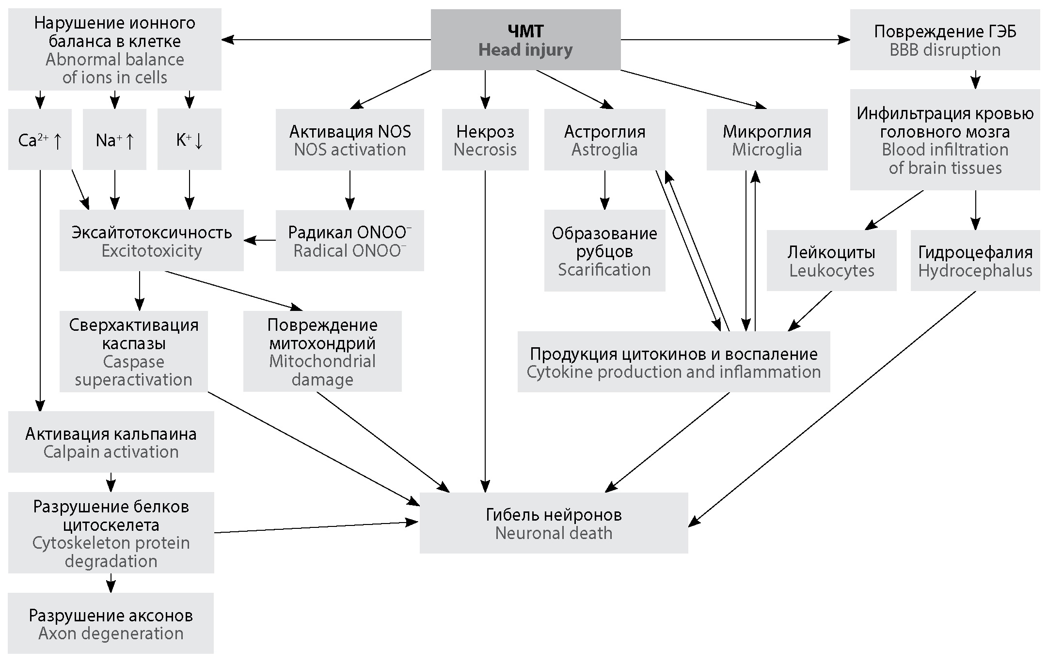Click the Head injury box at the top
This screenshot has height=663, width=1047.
pos(525,40)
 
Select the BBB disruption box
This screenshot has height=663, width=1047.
pos(945,41)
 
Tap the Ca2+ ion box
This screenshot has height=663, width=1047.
pos(40,139)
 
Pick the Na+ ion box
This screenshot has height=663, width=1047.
pos(114,139)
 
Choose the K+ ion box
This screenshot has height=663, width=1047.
pos(190,139)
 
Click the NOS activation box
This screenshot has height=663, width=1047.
pos(349,140)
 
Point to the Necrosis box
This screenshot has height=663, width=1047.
pos(485,140)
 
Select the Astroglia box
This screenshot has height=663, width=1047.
pos(604,140)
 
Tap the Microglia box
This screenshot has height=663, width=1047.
pos(767,140)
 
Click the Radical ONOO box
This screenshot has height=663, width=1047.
pos(349,241)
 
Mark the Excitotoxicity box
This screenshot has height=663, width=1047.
pos(151,241)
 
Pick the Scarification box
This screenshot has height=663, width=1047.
pos(604,251)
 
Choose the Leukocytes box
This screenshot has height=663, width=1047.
pos(831,261)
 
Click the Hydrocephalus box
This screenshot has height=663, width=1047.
pos(975,261)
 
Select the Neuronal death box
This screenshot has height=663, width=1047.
pos(554,523)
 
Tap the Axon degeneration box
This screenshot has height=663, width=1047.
pos(111,624)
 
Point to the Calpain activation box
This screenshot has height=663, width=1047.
pos(111,442)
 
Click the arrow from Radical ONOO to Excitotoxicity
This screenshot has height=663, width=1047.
pos(260,240)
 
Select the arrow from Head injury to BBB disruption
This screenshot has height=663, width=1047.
pos(735,40)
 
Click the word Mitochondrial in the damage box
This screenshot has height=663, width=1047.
pos(322,361)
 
